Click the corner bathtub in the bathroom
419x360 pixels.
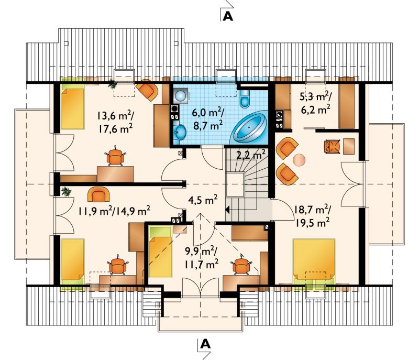click(x=250, y=127)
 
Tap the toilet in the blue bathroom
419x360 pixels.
click(x=245, y=98)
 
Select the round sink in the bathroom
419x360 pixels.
click(x=181, y=132)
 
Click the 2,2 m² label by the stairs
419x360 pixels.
click(x=251, y=154)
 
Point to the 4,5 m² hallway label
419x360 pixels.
click(x=203, y=200)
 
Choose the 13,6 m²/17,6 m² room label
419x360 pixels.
click(x=115, y=122)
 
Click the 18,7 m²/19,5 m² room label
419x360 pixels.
click(x=312, y=216)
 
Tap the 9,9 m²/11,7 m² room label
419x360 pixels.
click(x=201, y=257)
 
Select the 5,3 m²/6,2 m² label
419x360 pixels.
click(x=316, y=103)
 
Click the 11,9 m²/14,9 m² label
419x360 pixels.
click(x=114, y=211)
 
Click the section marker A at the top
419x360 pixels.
click(x=228, y=16)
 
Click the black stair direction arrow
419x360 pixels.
click(x=227, y=210)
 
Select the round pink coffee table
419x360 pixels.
click(x=299, y=160)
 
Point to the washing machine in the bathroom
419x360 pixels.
click(x=181, y=95)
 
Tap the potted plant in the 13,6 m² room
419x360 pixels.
click(x=113, y=84)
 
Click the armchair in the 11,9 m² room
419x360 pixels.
click(x=98, y=194)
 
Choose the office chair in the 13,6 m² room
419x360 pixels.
click(x=115, y=157)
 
